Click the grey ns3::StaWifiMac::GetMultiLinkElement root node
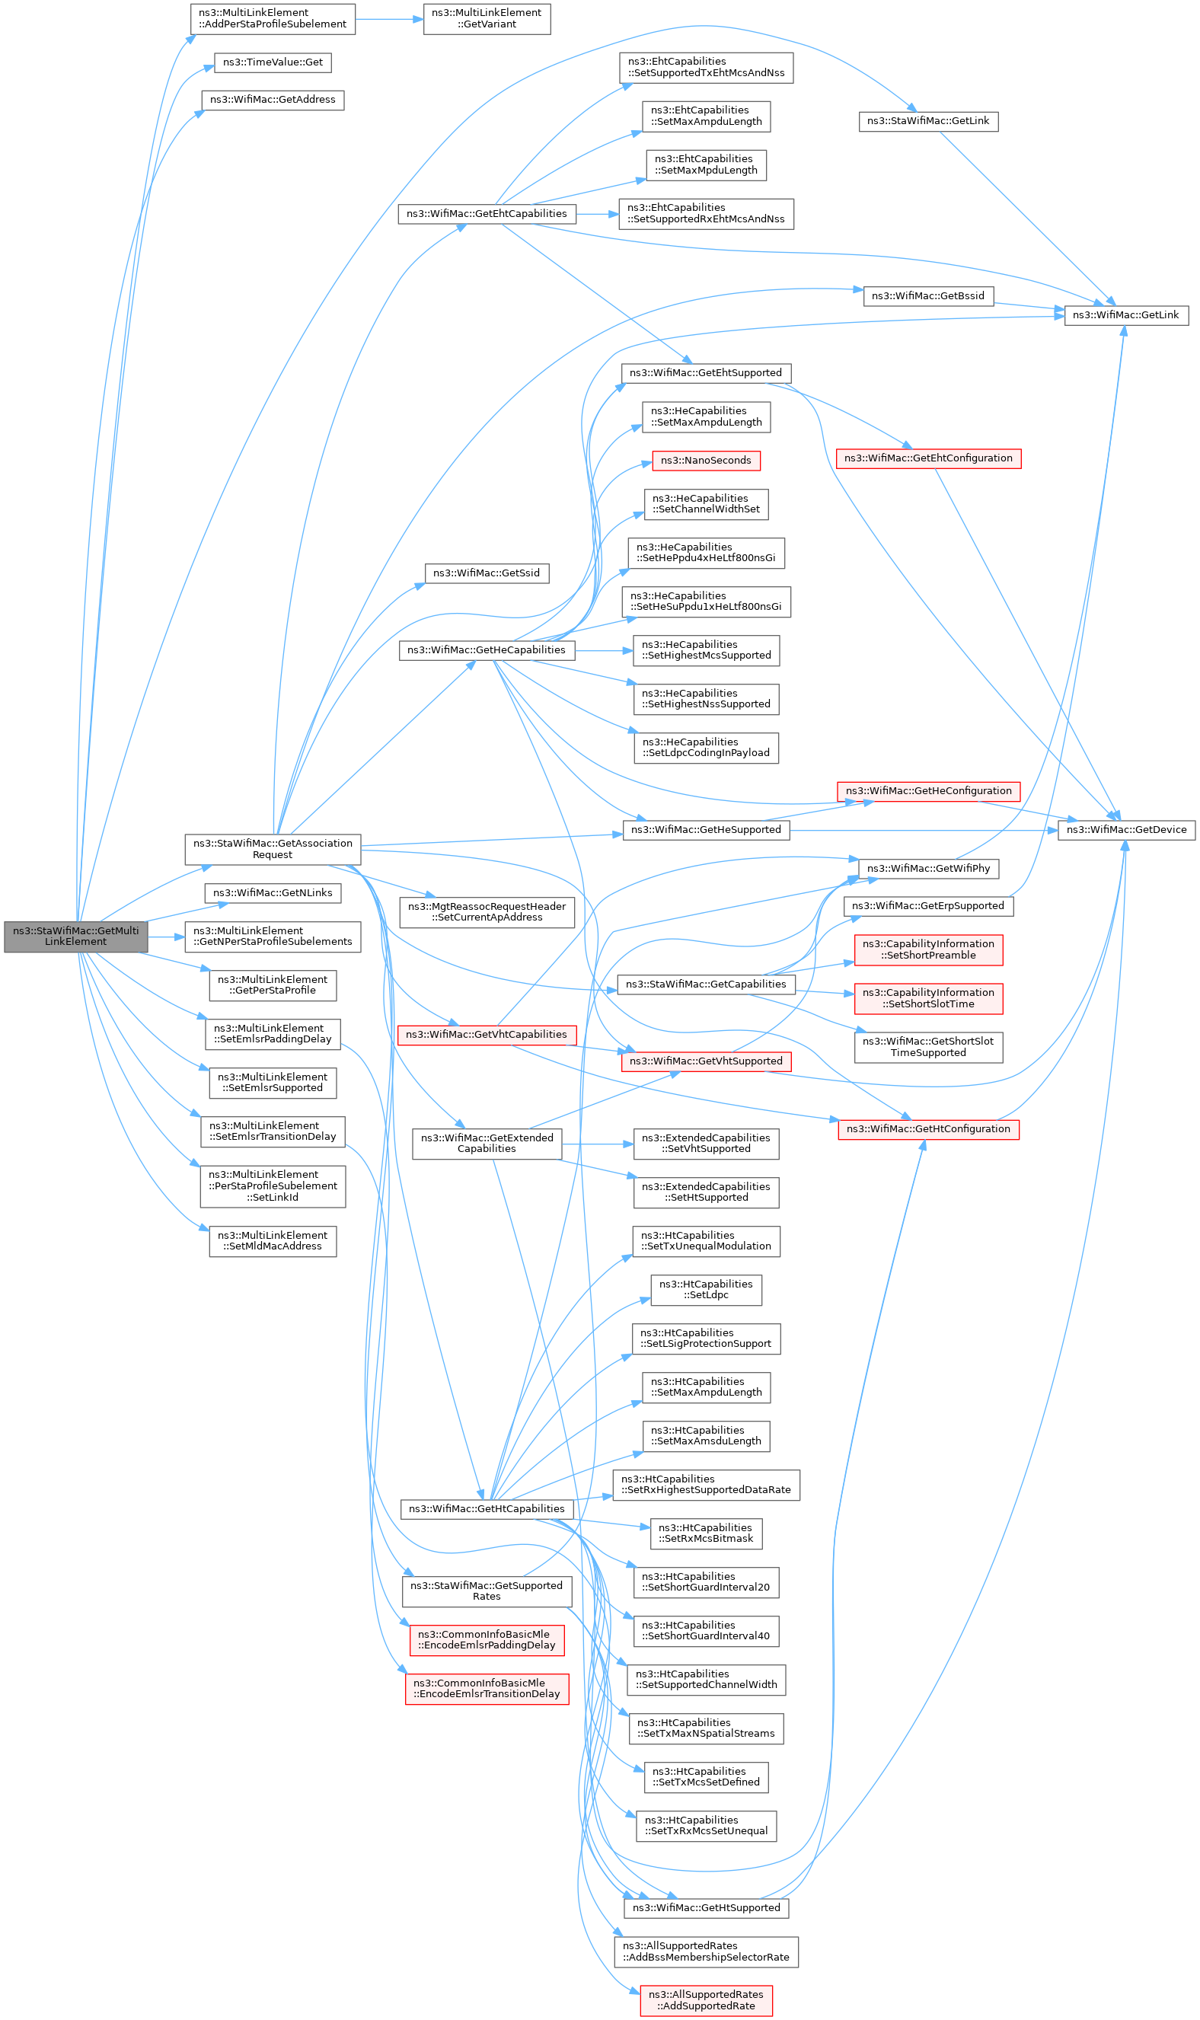pos(76,937)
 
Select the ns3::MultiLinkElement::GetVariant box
pos(487,18)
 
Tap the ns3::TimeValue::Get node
pos(273,62)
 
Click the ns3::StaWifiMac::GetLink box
pos(928,121)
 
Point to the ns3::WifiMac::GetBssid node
pos(928,296)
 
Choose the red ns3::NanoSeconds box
pos(706,461)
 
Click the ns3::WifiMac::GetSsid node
pos(487,573)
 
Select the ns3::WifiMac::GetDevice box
pos(1126,830)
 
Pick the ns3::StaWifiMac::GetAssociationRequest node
pos(273,849)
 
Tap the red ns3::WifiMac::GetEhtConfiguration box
pos(928,458)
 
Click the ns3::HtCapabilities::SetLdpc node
pos(706,1290)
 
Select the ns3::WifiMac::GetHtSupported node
pos(706,1907)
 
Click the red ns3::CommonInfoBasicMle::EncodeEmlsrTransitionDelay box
pos(487,1689)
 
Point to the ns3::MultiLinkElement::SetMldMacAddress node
pos(273,1241)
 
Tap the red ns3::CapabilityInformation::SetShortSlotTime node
pos(928,999)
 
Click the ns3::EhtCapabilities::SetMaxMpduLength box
pos(706,165)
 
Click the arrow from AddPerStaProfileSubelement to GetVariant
pos(390,18)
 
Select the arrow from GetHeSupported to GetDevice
pos(924,831)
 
